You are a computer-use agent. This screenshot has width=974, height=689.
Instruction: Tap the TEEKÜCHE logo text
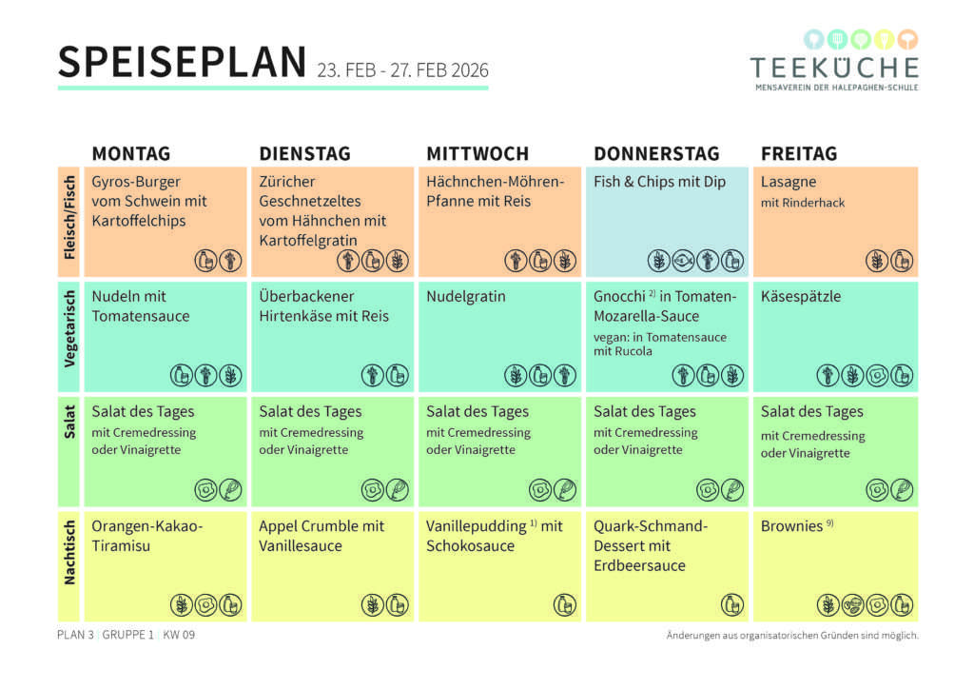[x=834, y=68]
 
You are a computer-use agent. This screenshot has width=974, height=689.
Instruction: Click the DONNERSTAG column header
[x=656, y=153]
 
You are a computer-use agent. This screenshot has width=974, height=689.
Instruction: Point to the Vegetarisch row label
[x=68, y=336]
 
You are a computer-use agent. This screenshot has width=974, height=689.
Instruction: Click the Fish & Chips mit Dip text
[x=659, y=182]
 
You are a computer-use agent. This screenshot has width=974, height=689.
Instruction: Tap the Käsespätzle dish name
[x=801, y=297]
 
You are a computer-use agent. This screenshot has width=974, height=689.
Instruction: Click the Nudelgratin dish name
[x=466, y=297]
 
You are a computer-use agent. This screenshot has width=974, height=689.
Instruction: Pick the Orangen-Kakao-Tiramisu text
[x=147, y=536]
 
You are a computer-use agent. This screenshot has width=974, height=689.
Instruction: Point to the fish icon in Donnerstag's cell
[x=682, y=260]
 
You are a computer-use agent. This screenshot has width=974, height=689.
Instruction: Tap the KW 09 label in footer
[x=179, y=635]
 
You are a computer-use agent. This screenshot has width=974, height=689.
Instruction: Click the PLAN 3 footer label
[x=75, y=635]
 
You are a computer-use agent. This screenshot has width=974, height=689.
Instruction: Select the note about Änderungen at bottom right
[x=792, y=636]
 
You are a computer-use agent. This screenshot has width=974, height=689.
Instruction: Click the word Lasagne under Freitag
[x=789, y=182]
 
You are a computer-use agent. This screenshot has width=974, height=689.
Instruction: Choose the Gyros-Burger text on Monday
[x=136, y=182]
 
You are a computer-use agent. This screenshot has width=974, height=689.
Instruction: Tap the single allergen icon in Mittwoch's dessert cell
[x=565, y=604]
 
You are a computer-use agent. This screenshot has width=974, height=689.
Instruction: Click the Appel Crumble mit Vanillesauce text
[x=321, y=536]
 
